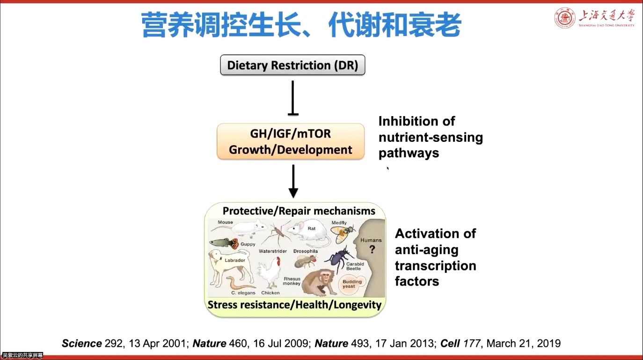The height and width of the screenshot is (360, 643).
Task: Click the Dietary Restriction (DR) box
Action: coord(292,65)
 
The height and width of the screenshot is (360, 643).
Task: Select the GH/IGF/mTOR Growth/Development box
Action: coord(290,141)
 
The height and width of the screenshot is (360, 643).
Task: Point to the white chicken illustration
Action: coord(270,273)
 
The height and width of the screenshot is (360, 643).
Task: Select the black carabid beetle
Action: coord(340,258)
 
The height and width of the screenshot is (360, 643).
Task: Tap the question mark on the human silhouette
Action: coord(372,250)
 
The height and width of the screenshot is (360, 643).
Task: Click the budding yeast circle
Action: coord(351,283)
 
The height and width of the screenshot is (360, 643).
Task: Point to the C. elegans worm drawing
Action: coord(241,283)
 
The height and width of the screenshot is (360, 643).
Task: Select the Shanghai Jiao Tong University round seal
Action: coord(564,18)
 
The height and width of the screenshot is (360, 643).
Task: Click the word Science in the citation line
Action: coord(81,344)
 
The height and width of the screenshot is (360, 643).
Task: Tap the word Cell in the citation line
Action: coord(450,344)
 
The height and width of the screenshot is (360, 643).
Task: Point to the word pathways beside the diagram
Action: coord(409,153)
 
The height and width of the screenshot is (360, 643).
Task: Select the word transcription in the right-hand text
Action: coord(435,265)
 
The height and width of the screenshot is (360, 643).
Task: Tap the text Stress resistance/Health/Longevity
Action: coord(294,305)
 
